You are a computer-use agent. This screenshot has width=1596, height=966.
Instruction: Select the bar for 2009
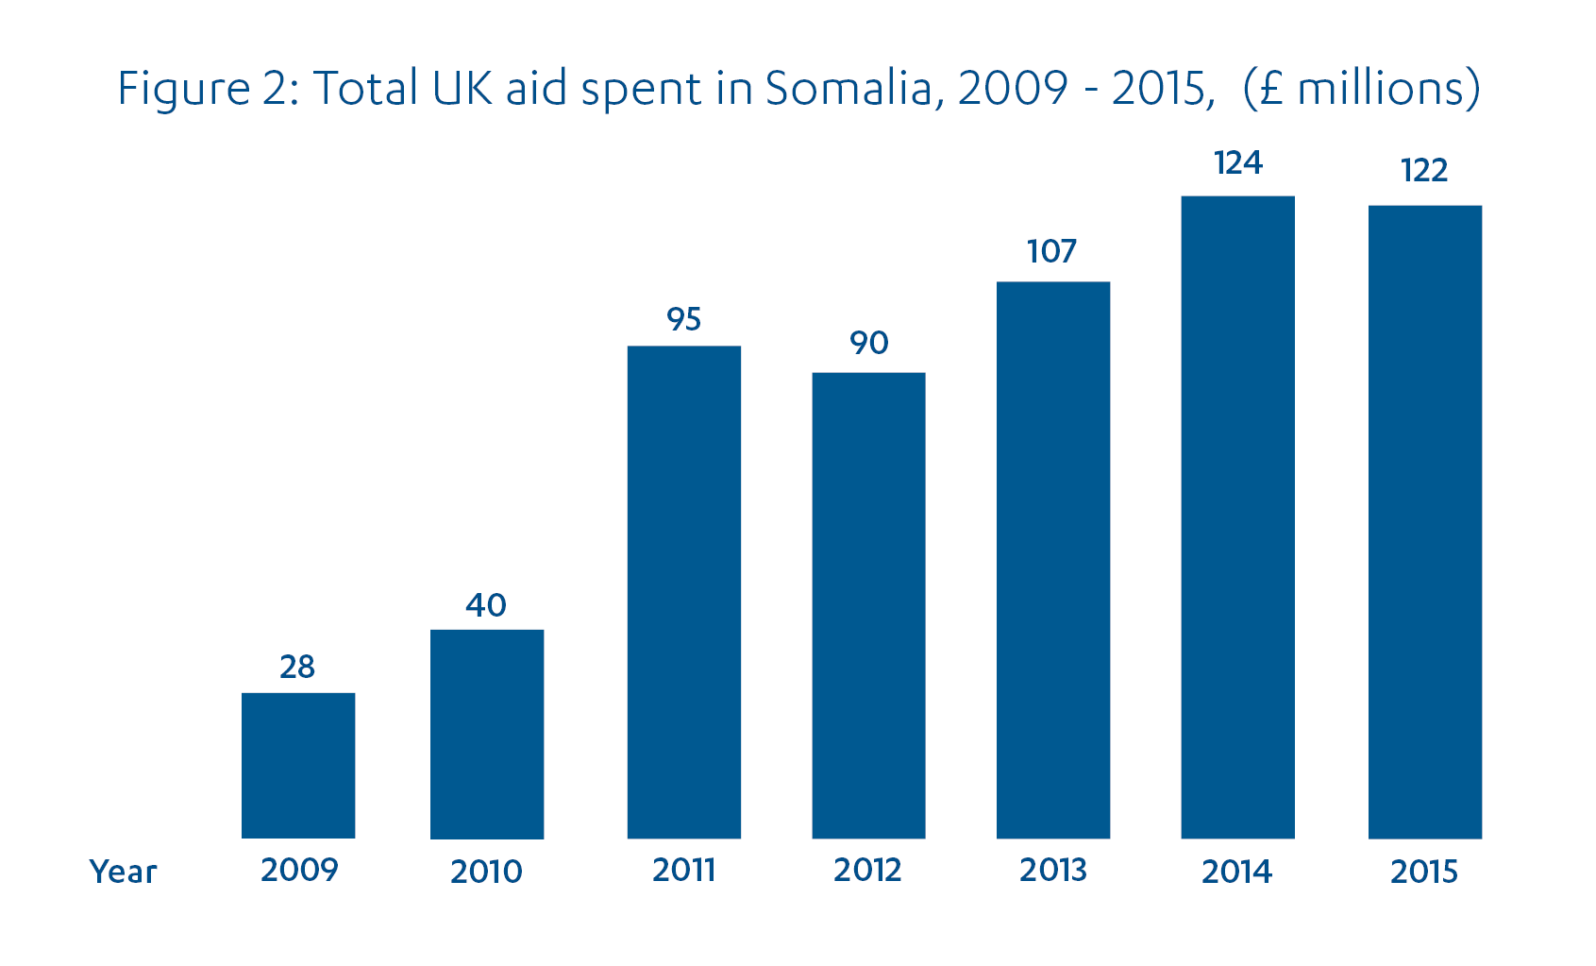coord(298,766)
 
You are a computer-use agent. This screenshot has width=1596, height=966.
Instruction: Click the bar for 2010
coord(487,734)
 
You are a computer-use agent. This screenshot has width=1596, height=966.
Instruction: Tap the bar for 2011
coord(684,592)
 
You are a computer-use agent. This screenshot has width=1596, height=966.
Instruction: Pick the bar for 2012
coord(868,605)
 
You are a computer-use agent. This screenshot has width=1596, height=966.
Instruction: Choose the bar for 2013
coord(1053,560)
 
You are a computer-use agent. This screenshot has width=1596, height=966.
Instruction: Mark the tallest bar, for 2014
coord(1237,517)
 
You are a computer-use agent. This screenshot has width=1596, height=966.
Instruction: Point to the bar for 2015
coord(1425,521)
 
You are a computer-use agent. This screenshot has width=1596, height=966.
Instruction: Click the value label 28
coord(297,667)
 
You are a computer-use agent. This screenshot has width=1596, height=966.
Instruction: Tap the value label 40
coord(486,604)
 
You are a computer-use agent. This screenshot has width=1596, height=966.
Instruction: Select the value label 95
coord(684,319)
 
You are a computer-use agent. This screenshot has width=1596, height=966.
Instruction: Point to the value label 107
coord(1051,251)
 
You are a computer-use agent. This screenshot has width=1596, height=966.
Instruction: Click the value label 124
coord(1237,163)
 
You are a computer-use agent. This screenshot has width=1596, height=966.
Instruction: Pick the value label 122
coord(1424,171)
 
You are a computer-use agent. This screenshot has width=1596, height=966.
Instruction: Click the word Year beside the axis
coord(123,872)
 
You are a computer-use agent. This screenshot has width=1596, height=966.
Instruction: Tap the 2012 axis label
coord(867,870)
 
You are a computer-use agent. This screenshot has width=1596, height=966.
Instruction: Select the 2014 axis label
coord(1236,872)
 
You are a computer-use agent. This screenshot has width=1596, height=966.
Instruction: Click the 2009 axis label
coord(299,870)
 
